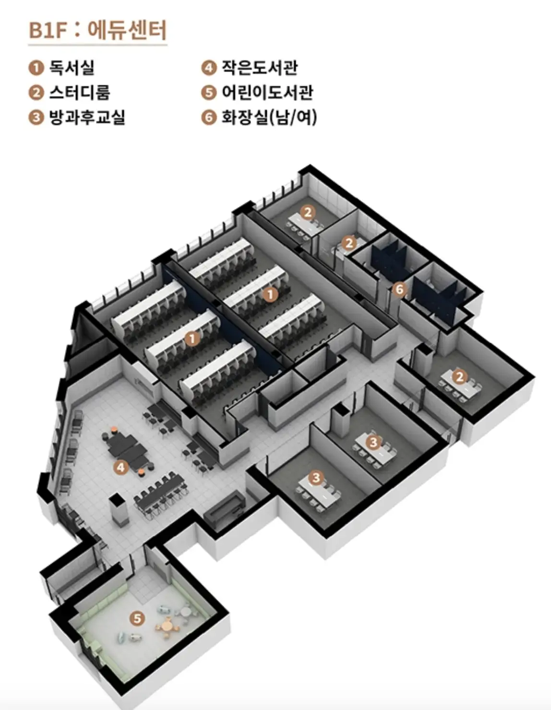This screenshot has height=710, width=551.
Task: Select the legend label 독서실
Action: (72, 68)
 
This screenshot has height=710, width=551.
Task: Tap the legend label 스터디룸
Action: (80, 92)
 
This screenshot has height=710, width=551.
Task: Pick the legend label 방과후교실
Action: (87, 117)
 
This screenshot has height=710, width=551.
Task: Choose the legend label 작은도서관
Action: (259, 68)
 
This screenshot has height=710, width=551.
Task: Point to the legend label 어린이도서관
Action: (267, 92)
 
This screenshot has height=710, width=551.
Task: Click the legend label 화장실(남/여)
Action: (269, 117)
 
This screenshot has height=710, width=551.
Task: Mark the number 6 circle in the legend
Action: (208, 117)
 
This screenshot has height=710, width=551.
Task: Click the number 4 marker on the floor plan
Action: (121, 466)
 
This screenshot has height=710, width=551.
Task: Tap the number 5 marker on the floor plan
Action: (138, 618)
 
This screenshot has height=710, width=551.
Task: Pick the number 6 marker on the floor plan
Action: (399, 289)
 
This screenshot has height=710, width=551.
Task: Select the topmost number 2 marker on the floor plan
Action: (308, 211)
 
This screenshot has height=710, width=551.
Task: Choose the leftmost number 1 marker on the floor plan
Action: (192, 338)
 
